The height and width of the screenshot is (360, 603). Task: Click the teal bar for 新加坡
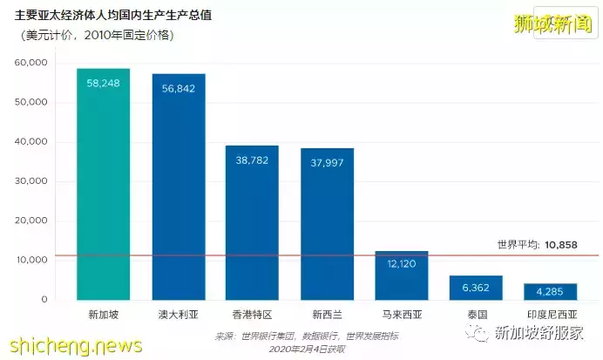(103, 192)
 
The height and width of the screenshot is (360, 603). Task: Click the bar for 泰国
(477, 289)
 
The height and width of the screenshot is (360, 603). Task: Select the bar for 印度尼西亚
(550, 292)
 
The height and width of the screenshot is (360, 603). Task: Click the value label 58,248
(103, 83)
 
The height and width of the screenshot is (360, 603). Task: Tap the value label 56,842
(178, 88)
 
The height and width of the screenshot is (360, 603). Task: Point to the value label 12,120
(402, 263)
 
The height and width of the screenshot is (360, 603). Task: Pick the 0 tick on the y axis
(44, 299)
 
